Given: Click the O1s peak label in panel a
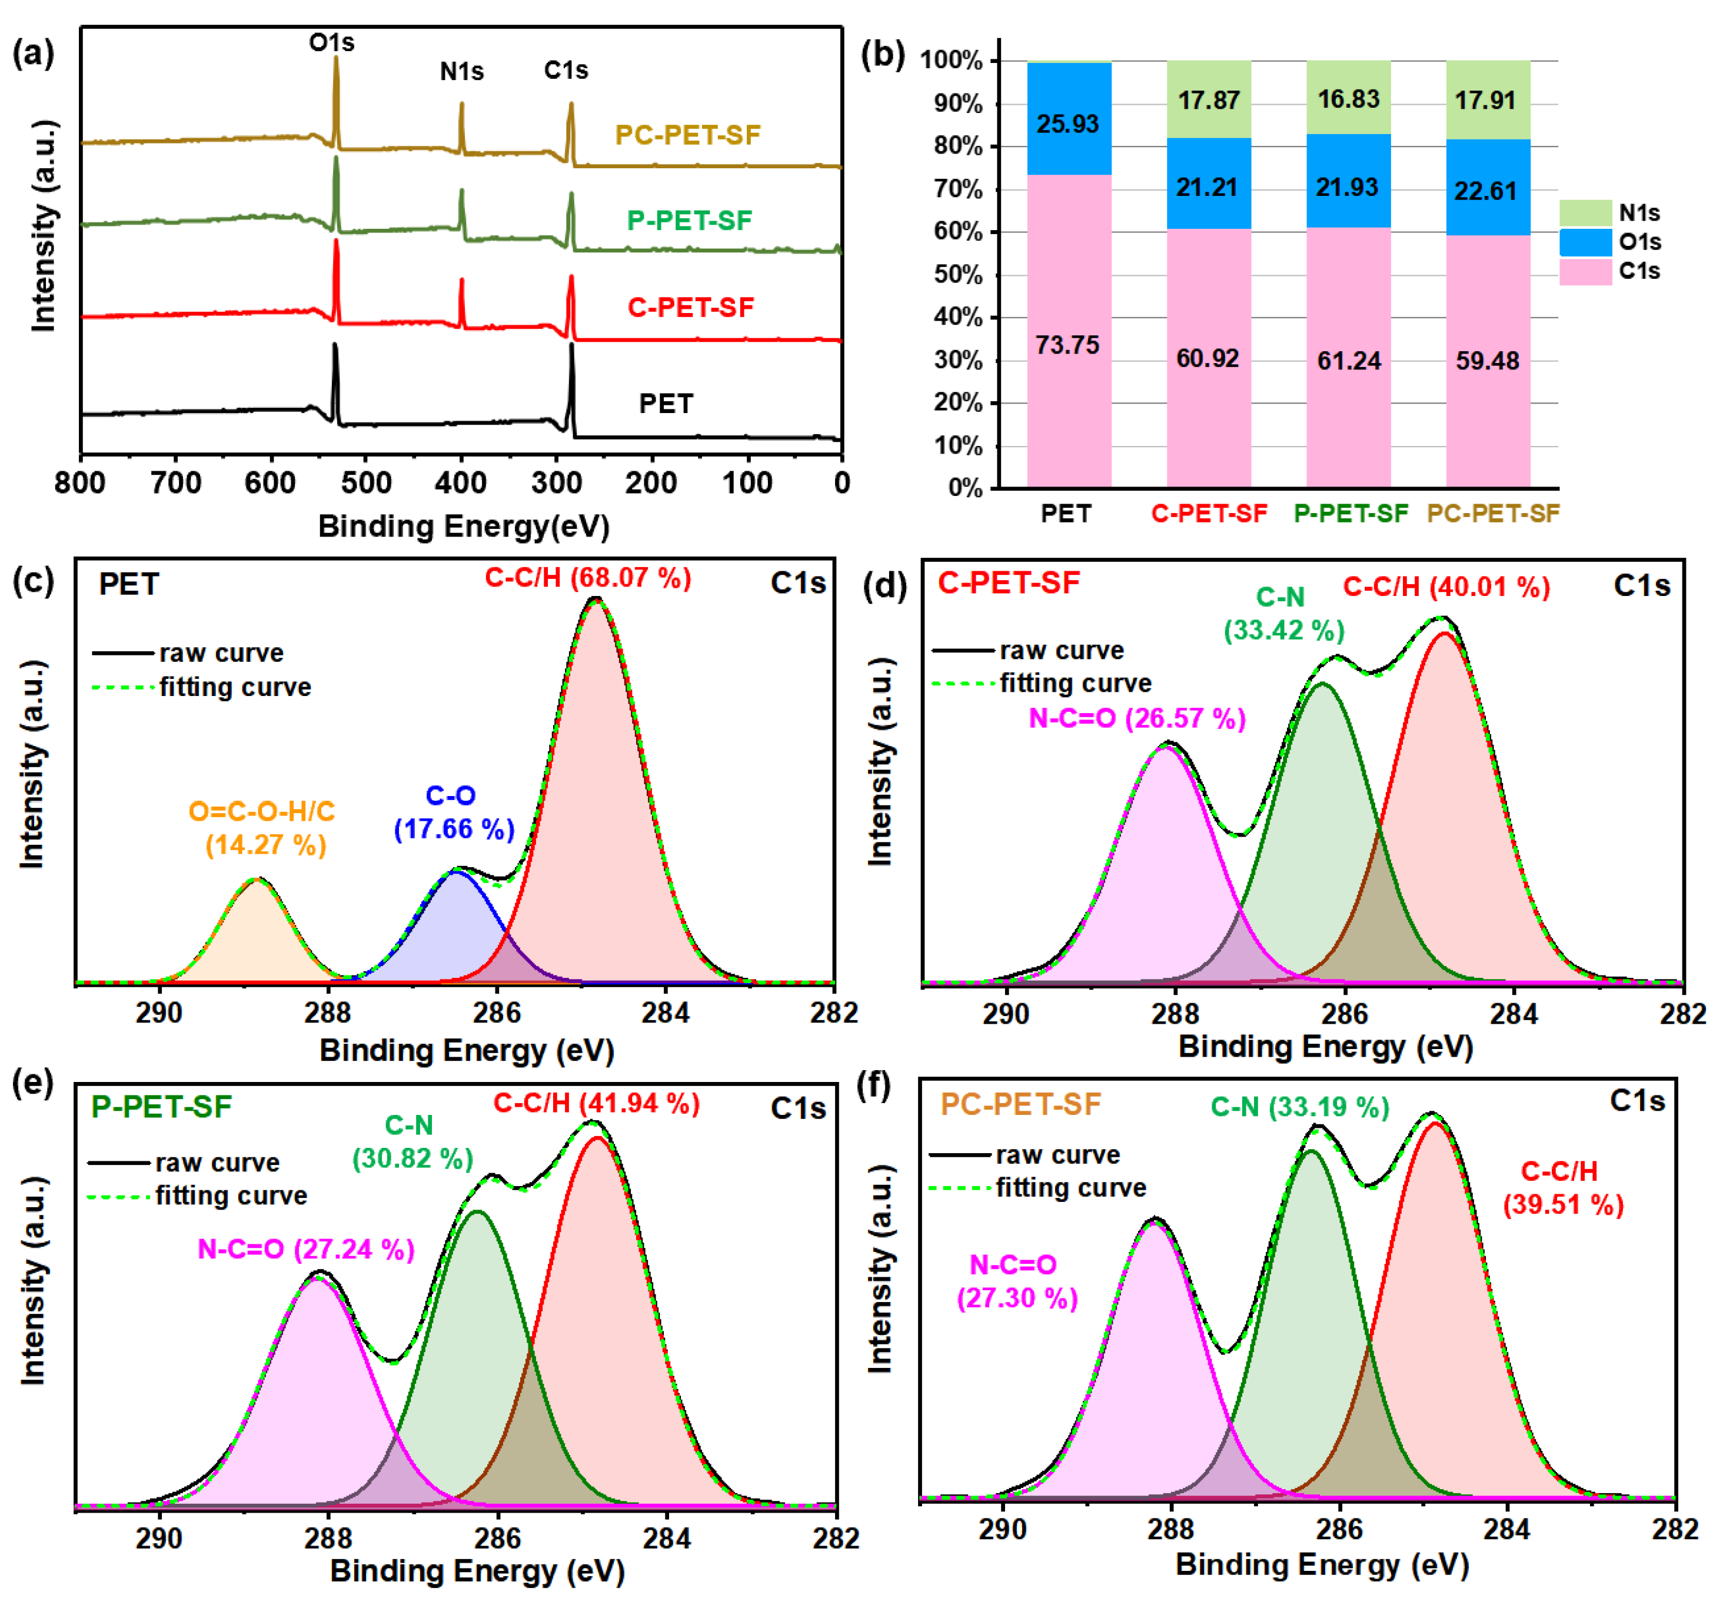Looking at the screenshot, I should coord(331,42).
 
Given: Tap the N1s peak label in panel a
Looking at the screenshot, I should coord(461,71).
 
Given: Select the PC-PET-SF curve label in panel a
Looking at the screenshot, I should coord(687,135).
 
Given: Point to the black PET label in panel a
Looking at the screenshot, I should coord(666,404).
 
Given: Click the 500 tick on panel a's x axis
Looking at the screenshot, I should coord(366,482).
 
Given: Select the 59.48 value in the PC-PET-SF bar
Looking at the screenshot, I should coord(1487,361).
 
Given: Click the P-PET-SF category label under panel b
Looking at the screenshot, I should coord(1351,514).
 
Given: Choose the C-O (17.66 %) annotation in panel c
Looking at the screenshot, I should coord(453,813).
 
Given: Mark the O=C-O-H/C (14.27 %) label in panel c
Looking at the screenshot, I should coord(262,828).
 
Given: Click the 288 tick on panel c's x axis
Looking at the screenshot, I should coord(328,1012).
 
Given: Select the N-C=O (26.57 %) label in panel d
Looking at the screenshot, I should coord(1136,718).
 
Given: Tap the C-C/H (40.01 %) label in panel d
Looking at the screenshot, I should coord(1446,588).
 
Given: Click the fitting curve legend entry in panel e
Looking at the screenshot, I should coord(231,1196).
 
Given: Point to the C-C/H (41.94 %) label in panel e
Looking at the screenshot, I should coord(596,1103).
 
